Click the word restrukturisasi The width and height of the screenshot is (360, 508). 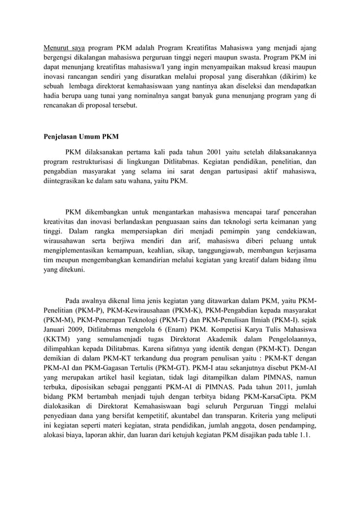point(99,162)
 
